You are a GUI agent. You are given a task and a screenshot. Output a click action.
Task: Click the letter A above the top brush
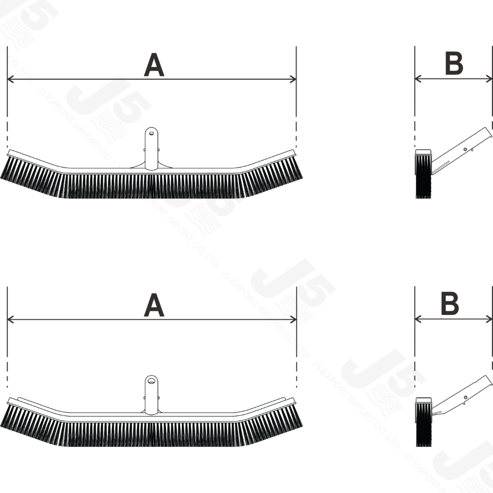coord(154,65)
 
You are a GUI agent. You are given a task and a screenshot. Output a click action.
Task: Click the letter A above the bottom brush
coord(154,305)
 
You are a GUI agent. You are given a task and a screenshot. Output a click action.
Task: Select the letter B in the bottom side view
coord(450,303)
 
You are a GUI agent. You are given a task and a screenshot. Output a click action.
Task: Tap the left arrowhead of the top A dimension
coord(10,79)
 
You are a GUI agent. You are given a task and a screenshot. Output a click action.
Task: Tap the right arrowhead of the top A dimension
coord(293,79)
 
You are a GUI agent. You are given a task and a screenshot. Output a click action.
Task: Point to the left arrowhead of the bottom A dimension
coord(10,320)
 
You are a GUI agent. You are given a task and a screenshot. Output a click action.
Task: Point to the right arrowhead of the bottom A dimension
coord(293,320)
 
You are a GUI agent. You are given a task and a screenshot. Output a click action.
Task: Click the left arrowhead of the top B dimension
coord(418,78)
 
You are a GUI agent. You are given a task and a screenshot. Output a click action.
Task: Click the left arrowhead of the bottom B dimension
coord(418,320)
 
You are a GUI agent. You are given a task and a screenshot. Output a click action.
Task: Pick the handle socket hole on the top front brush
coord(152,133)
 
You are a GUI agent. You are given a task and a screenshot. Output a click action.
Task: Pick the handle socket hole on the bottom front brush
coord(152,381)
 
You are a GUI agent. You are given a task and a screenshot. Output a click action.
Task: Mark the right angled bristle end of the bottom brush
coord(273,425)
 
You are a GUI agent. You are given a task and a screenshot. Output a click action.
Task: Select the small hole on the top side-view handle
coord(466,149)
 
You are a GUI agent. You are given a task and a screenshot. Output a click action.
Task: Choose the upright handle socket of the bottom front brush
coord(152,395)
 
